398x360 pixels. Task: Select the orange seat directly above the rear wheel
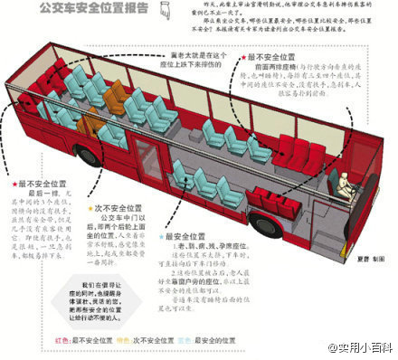[84, 122]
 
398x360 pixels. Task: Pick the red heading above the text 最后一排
[43, 183]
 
